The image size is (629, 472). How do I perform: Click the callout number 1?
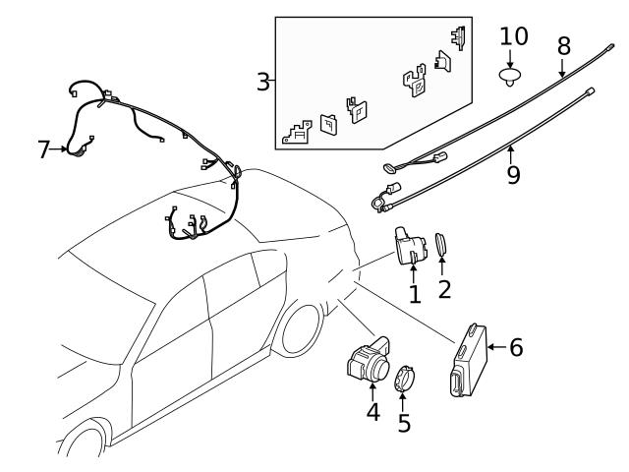pyautogui.click(x=414, y=293)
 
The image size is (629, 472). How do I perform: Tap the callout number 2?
pyautogui.click(x=444, y=289)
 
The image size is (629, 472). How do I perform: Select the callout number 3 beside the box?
pyautogui.click(x=263, y=81)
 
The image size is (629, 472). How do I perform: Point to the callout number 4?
pyautogui.click(x=372, y=411)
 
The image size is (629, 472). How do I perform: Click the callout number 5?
pyautogui.click(x=404, y=423)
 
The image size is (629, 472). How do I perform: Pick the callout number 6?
pyautogui.click(x=516, y=346)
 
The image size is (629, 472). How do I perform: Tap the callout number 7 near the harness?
pyautogui.click(x=43, y=149)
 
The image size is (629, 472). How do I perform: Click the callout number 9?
pyautogui.click(x=512, y=174)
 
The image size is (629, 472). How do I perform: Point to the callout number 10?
pyautogui.click(x=513, y=36)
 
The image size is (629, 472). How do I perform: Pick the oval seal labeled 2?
pyautogui.click(x=442, y=245)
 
